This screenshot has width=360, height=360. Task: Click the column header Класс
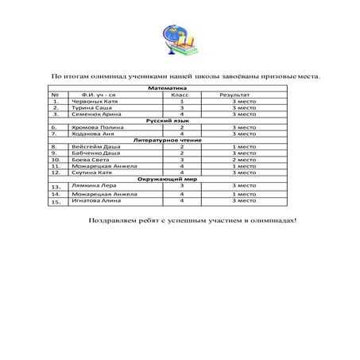[x=181, y=95]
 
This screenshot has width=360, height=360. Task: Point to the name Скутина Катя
[x=92, y=172]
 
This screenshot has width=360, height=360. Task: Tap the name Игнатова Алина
[x=96, y=201]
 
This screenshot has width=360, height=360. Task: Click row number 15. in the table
[x=55, y=202]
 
